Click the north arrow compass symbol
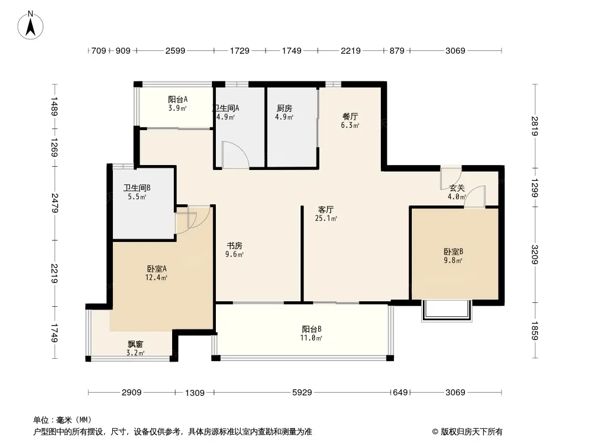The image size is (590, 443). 31,24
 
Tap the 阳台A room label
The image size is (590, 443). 178,100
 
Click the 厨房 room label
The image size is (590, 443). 284,109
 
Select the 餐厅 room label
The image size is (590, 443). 350,117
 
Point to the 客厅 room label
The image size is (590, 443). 325,210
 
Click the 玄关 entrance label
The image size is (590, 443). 457,188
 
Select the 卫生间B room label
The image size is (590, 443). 137,188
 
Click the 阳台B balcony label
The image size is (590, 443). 312,328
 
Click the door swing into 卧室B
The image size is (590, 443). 475,198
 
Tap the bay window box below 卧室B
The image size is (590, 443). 446,311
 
